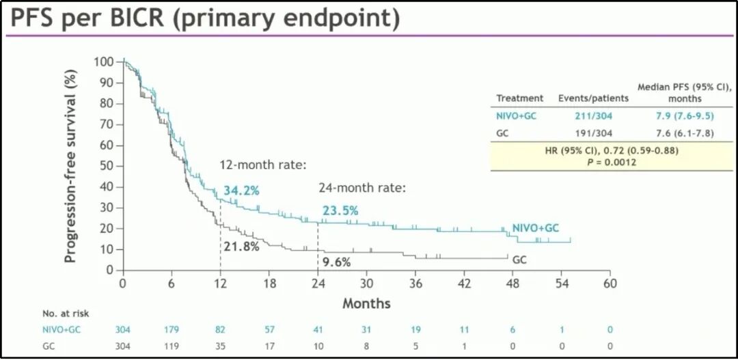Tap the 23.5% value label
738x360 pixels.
tap(340, 211)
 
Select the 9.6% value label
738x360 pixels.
tap(336, 262)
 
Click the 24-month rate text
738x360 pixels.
tap(362, 187)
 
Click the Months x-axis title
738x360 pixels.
tap(366, 303)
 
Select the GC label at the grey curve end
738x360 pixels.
tap(519, 260)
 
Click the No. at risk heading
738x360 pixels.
tap(66, 314)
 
